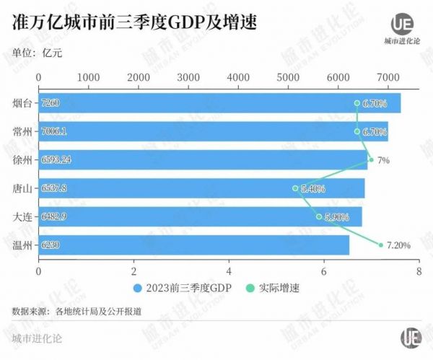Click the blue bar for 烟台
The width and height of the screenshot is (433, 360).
[216, 103]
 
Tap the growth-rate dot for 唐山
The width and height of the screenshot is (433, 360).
[296, 188]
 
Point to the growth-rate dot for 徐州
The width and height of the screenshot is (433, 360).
[371, 160]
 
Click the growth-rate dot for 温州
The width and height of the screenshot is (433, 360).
[380, 245]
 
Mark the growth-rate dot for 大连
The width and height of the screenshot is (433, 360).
[319, 216]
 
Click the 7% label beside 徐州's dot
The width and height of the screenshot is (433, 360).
[383, 160]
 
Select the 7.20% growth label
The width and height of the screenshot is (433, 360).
[398, 245]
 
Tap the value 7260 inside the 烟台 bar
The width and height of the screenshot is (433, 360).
[51, 103]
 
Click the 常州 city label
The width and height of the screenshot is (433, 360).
[22, 132]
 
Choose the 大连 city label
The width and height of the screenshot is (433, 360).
[22, 216]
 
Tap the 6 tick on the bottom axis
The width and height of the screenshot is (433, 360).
[323, 271]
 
